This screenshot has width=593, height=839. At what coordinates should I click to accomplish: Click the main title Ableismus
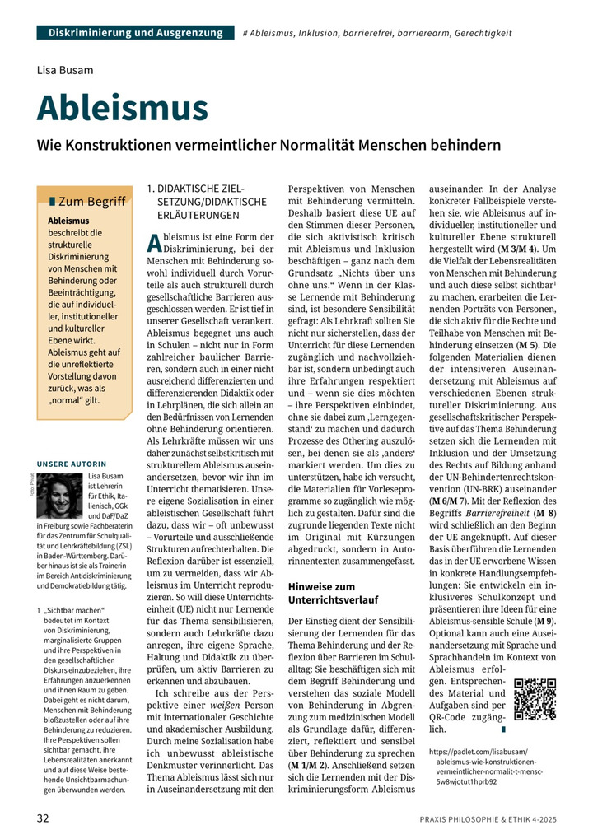coord(123,108)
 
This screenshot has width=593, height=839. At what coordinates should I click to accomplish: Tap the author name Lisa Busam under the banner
coord(66,71)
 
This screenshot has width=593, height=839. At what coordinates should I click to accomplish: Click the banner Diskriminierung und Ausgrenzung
coord(135,33)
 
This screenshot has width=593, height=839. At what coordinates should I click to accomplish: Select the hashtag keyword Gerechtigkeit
coord(481,34)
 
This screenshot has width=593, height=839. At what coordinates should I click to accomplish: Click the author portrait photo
coord(60,496)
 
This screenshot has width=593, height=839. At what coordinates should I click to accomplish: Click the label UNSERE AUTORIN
coord(72,464)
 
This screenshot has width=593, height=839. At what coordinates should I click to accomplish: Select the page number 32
coord(43,818)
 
